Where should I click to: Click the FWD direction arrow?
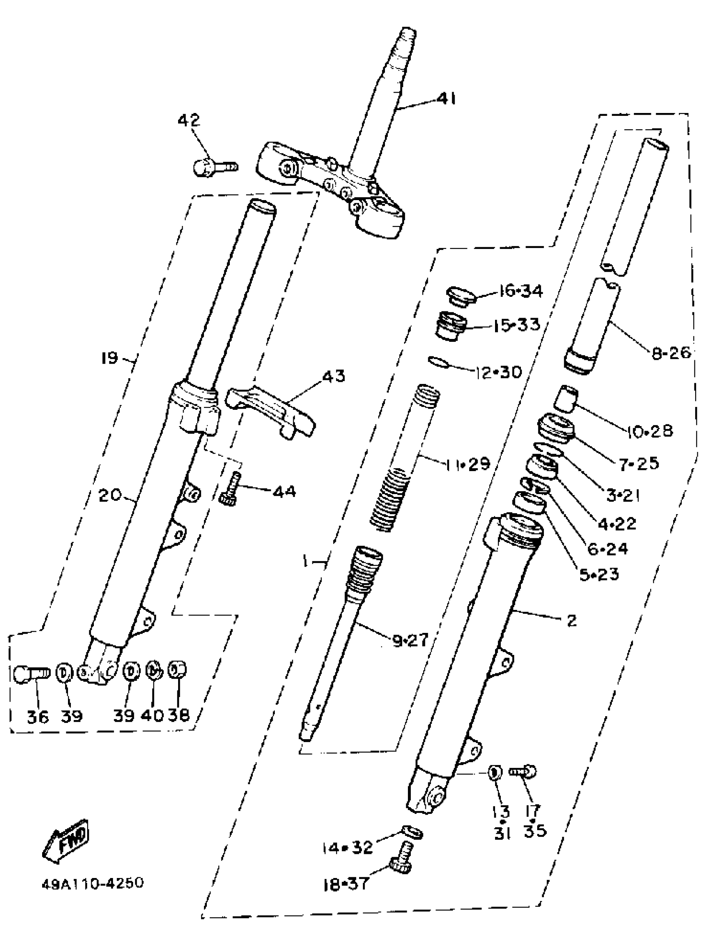66,836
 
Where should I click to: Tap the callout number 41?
446,99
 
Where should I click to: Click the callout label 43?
333,376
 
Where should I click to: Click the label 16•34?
520,291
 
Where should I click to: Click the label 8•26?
671,353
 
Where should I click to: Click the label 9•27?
410,640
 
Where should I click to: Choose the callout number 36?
38,717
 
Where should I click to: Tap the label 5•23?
599,575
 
